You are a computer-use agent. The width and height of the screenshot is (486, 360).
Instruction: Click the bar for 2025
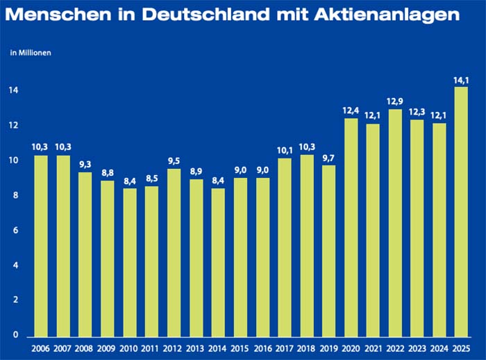[460, 211]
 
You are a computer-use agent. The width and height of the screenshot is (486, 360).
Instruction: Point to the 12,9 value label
[394, 101]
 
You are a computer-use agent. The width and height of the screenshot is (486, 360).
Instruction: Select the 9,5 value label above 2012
[174, 161]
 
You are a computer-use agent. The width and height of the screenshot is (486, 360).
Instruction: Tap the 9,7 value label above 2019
[328, 157]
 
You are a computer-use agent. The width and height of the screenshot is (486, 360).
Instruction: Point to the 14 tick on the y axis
[13, 91]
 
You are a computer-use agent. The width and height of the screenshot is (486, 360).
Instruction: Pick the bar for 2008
[85, 254]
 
